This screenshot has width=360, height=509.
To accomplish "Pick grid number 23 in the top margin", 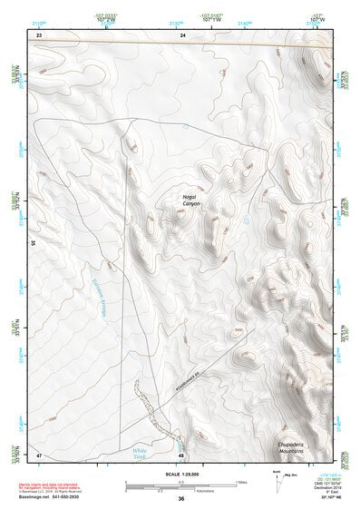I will pyautogui.click(x=39, y=34).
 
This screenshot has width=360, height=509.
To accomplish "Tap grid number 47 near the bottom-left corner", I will pyautogui.click(x=39, y=454).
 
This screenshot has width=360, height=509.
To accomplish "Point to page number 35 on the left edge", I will pyautogui.click(x=33, y=243).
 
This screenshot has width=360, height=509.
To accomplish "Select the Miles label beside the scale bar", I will pyautogui.click(x=241, y=481).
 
